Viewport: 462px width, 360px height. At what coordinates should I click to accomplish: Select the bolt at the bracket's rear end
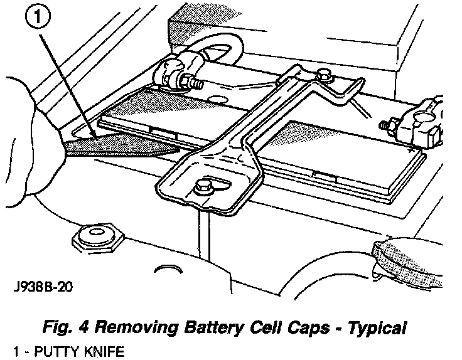pos(324,76)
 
